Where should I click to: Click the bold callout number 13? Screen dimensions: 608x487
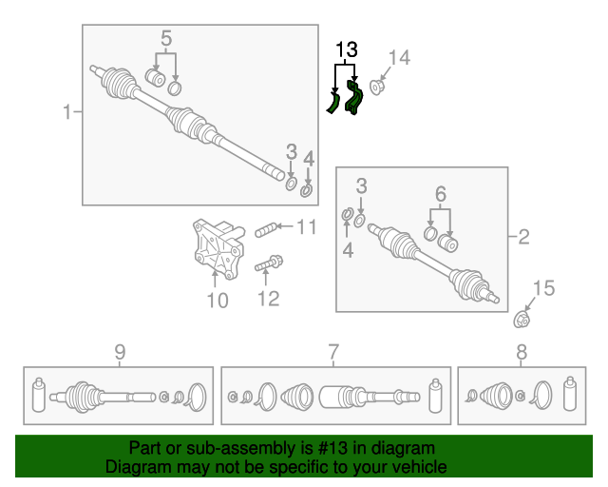[346, 50]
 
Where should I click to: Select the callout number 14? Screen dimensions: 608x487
[399, 58]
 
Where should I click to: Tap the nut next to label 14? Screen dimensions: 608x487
[376, 87]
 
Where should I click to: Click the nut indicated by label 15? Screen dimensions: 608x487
[522, 320]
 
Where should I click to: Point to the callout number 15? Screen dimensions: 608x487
[543, 288]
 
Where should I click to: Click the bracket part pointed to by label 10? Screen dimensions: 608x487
[218, 248]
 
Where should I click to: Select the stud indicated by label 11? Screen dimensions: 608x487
[266, 230]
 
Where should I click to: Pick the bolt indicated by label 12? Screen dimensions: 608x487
[269, 263]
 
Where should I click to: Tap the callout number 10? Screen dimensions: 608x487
[218, 301]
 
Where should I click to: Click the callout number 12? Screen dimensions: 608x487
[268, 299]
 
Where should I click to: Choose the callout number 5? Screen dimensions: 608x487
[166, 38]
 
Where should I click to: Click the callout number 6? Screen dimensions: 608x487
[441, 193]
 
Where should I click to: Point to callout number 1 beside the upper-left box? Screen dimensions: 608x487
[67, 112]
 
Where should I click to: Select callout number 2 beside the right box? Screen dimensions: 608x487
[523, 237]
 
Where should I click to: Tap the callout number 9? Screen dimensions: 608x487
[121, 352]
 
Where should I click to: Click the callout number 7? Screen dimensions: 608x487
[333, 352]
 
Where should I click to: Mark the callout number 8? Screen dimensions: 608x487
[522, 352]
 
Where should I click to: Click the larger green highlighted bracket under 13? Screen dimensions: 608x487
[354, 98]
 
